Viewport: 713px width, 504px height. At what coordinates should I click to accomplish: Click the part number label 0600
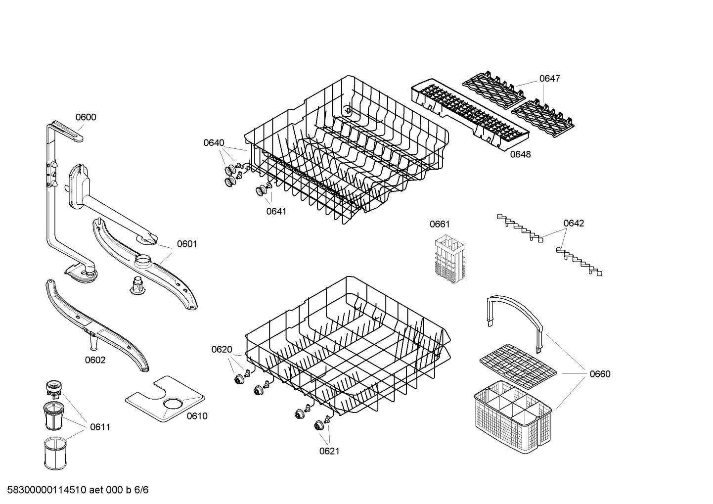(86, 117)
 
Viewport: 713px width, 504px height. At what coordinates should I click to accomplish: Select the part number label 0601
(186, 244)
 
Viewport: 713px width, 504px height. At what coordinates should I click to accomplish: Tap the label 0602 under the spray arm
(95, 360)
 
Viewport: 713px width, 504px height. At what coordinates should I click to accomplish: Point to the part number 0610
(197, 416)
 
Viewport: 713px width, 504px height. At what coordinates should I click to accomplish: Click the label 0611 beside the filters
(100, 427)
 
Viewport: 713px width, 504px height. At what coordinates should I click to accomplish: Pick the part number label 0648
(520, 154)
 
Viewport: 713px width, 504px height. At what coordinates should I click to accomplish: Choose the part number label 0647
(549, 78)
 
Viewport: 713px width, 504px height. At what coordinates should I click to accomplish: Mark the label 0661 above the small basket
(440, 224)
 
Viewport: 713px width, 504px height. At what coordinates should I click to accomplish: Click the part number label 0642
(574, 223)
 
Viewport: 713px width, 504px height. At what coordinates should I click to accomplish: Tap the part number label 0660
(600, 374)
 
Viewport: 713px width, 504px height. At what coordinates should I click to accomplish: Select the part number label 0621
(329, 451)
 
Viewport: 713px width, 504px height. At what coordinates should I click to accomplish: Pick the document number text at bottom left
(75, 490)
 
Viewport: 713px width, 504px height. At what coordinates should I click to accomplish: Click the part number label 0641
(276, 211)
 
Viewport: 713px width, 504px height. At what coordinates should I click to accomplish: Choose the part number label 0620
(222, 350)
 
